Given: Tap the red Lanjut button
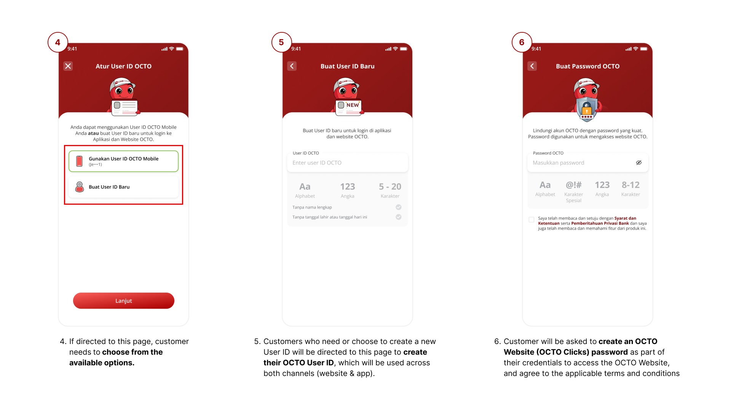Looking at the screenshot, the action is [x=124, y=301].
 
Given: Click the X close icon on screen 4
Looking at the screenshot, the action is [x=68, y=66].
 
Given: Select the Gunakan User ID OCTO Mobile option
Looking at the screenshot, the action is [x=124, y=161].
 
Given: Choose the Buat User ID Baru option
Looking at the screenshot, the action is [x=124, y=187].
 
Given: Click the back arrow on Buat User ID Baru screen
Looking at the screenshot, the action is [x=292, y=66].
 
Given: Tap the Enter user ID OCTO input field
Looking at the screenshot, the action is [x=348, y=163].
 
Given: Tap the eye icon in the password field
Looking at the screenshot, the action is [x=639, y=162].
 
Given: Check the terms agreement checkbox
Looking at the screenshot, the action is [x=531, y=220].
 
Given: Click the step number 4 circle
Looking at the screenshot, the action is [x=58, y=42].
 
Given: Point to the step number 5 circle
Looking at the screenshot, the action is [x=282, y=42].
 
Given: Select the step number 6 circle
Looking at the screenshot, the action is [x=522, y=42].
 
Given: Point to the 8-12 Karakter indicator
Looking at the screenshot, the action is [x=631, y=189].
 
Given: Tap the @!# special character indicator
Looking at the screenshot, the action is [x=574, y=191].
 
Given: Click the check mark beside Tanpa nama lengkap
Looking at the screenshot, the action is [x=399, y=207].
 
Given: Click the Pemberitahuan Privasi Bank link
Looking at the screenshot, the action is [x=600, y=223].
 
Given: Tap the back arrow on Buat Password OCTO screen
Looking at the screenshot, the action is [x=532, y=66].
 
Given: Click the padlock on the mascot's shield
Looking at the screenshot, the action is [x=587, y=108].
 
